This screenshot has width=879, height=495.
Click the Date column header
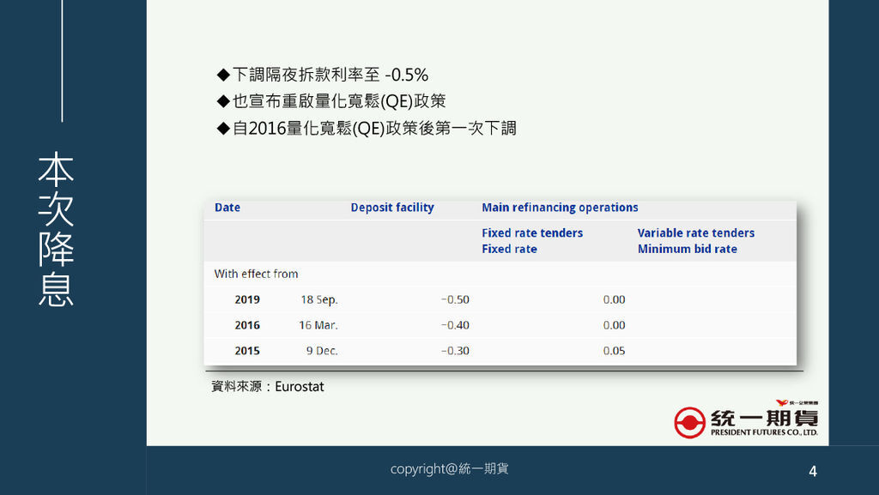pyautogui.click(x=227, y=208)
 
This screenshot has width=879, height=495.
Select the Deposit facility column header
pyautogui.click(x=392, y=208)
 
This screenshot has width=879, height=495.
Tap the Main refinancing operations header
pyautogui.click(x=560, y=208)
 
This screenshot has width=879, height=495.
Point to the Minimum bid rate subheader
pyautogui.click(x=688, y=249)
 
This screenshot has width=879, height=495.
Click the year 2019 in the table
pyautogui.click(x=247, y=299)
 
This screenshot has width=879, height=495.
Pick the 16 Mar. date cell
pyautogui.click(x=318, y=325)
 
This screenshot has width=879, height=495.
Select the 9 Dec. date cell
pyautogui.click(x=322, y=351)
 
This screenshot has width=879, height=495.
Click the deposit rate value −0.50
pyautogui.click(x=455, y=299)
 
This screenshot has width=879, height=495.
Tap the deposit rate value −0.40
pyautogui.click(x=455, y=325)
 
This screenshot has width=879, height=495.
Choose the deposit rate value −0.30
pyautogui.click(x=455, y=351)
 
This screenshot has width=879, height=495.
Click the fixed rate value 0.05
pyautogui.click(x=615, y=351)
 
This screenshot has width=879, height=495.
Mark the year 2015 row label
pyautogui.click(x=247, y=351)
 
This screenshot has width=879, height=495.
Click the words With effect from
pyautogui.click(x=256, y=274)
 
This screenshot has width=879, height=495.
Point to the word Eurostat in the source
pyautogui.click(x=300, y=386)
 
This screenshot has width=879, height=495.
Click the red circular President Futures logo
pyautogui.click(x=689, y=422)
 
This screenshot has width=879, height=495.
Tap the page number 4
pyautogui.click(x=813, y=472)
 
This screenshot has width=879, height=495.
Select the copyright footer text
pyautogui.click(x=450, y=468)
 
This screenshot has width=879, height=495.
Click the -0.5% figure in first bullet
pyautogui.click(x=406, y=75)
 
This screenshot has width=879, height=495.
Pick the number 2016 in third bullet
pyautogui.click(x=267, y=128)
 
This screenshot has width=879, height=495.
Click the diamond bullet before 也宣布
pyautogui.click(x=224, y=101)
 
